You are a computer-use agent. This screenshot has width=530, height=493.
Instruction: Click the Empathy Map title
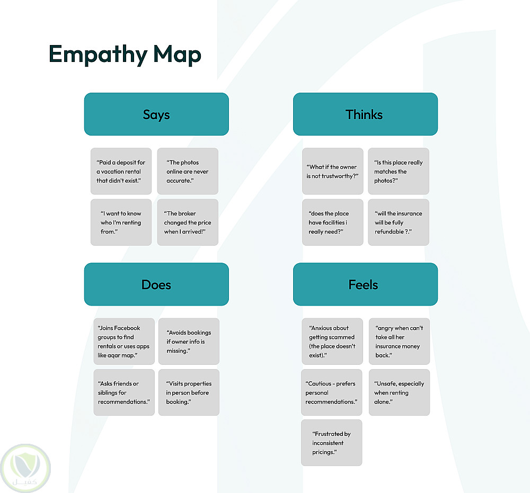125,55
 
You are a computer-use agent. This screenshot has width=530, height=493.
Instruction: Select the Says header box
156,114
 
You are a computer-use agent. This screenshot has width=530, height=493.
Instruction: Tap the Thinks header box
365,114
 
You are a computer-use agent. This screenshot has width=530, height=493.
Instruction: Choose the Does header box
156,284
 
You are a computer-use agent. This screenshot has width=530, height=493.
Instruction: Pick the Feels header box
365,284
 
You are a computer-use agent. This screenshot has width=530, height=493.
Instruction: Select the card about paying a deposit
121,171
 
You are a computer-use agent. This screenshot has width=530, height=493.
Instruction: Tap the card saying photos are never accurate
188,171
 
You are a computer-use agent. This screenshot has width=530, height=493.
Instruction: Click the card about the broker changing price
188,222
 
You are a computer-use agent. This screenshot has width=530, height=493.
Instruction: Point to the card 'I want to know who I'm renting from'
121,222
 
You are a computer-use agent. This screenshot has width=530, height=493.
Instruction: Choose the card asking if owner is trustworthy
332,171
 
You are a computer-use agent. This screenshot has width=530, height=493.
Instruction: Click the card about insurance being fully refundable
399,222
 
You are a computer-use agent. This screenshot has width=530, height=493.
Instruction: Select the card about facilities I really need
332,222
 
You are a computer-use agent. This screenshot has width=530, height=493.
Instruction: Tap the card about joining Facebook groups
124,342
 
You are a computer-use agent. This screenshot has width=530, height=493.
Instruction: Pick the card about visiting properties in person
189,392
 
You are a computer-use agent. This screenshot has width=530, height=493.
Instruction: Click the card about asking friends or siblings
124,392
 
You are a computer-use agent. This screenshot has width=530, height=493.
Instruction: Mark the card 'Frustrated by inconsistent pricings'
331,443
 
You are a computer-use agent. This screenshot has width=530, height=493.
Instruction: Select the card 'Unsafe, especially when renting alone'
399,392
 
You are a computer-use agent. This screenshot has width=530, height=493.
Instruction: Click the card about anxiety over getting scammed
332,342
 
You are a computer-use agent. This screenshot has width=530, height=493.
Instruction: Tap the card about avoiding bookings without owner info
189,342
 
